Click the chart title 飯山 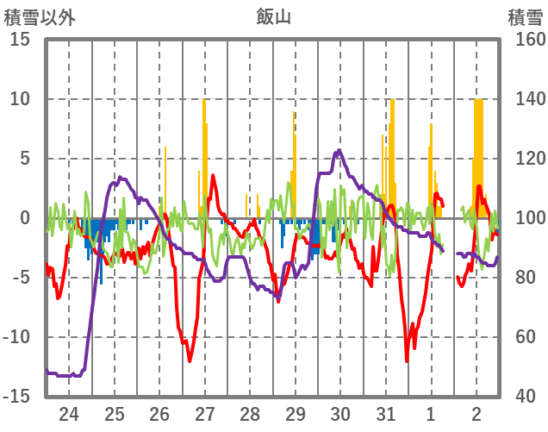[275, 16]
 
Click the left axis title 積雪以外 [40, 16]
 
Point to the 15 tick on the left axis [21, 40]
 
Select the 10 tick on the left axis [21, 99]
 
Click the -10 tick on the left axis [16, 337]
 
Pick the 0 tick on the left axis [25, 218]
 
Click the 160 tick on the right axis [525, 40]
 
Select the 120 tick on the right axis [525, 159]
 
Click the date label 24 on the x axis [69, 413]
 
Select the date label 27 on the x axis [205, 413]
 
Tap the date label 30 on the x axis [341, 413]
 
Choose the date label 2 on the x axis [476, 413]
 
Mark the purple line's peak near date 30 [339, 151]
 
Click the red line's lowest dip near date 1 [407, 360]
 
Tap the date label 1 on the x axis [432, 413]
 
